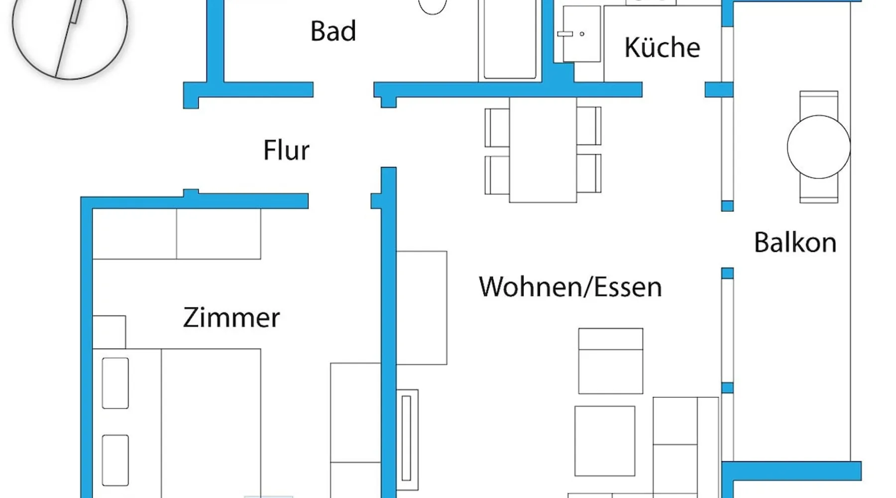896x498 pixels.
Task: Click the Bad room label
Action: click(333, 31)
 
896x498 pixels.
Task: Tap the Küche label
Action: click(662, 48)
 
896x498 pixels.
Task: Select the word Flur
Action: click(286, 150)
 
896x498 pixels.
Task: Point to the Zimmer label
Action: click(231, 318)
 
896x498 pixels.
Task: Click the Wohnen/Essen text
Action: click(570, 287)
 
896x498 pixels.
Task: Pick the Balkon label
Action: click(795, 243)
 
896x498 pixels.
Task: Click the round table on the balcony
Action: click(818, 147)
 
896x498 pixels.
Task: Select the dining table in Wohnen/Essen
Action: click(543, 149)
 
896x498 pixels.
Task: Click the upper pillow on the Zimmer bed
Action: click(115, 383)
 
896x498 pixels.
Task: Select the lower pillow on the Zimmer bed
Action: click(115, 460)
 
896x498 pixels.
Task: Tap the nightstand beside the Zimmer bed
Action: click(110, 332)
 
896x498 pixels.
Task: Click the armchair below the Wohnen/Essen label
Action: click(610, 361)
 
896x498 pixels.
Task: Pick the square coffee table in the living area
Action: click(605, 441)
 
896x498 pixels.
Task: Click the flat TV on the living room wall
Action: click(407, 438)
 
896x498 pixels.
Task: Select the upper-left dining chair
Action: click(496, 127)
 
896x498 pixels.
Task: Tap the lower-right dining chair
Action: click(589, 173)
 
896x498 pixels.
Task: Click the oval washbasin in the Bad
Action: click(432, 6)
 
